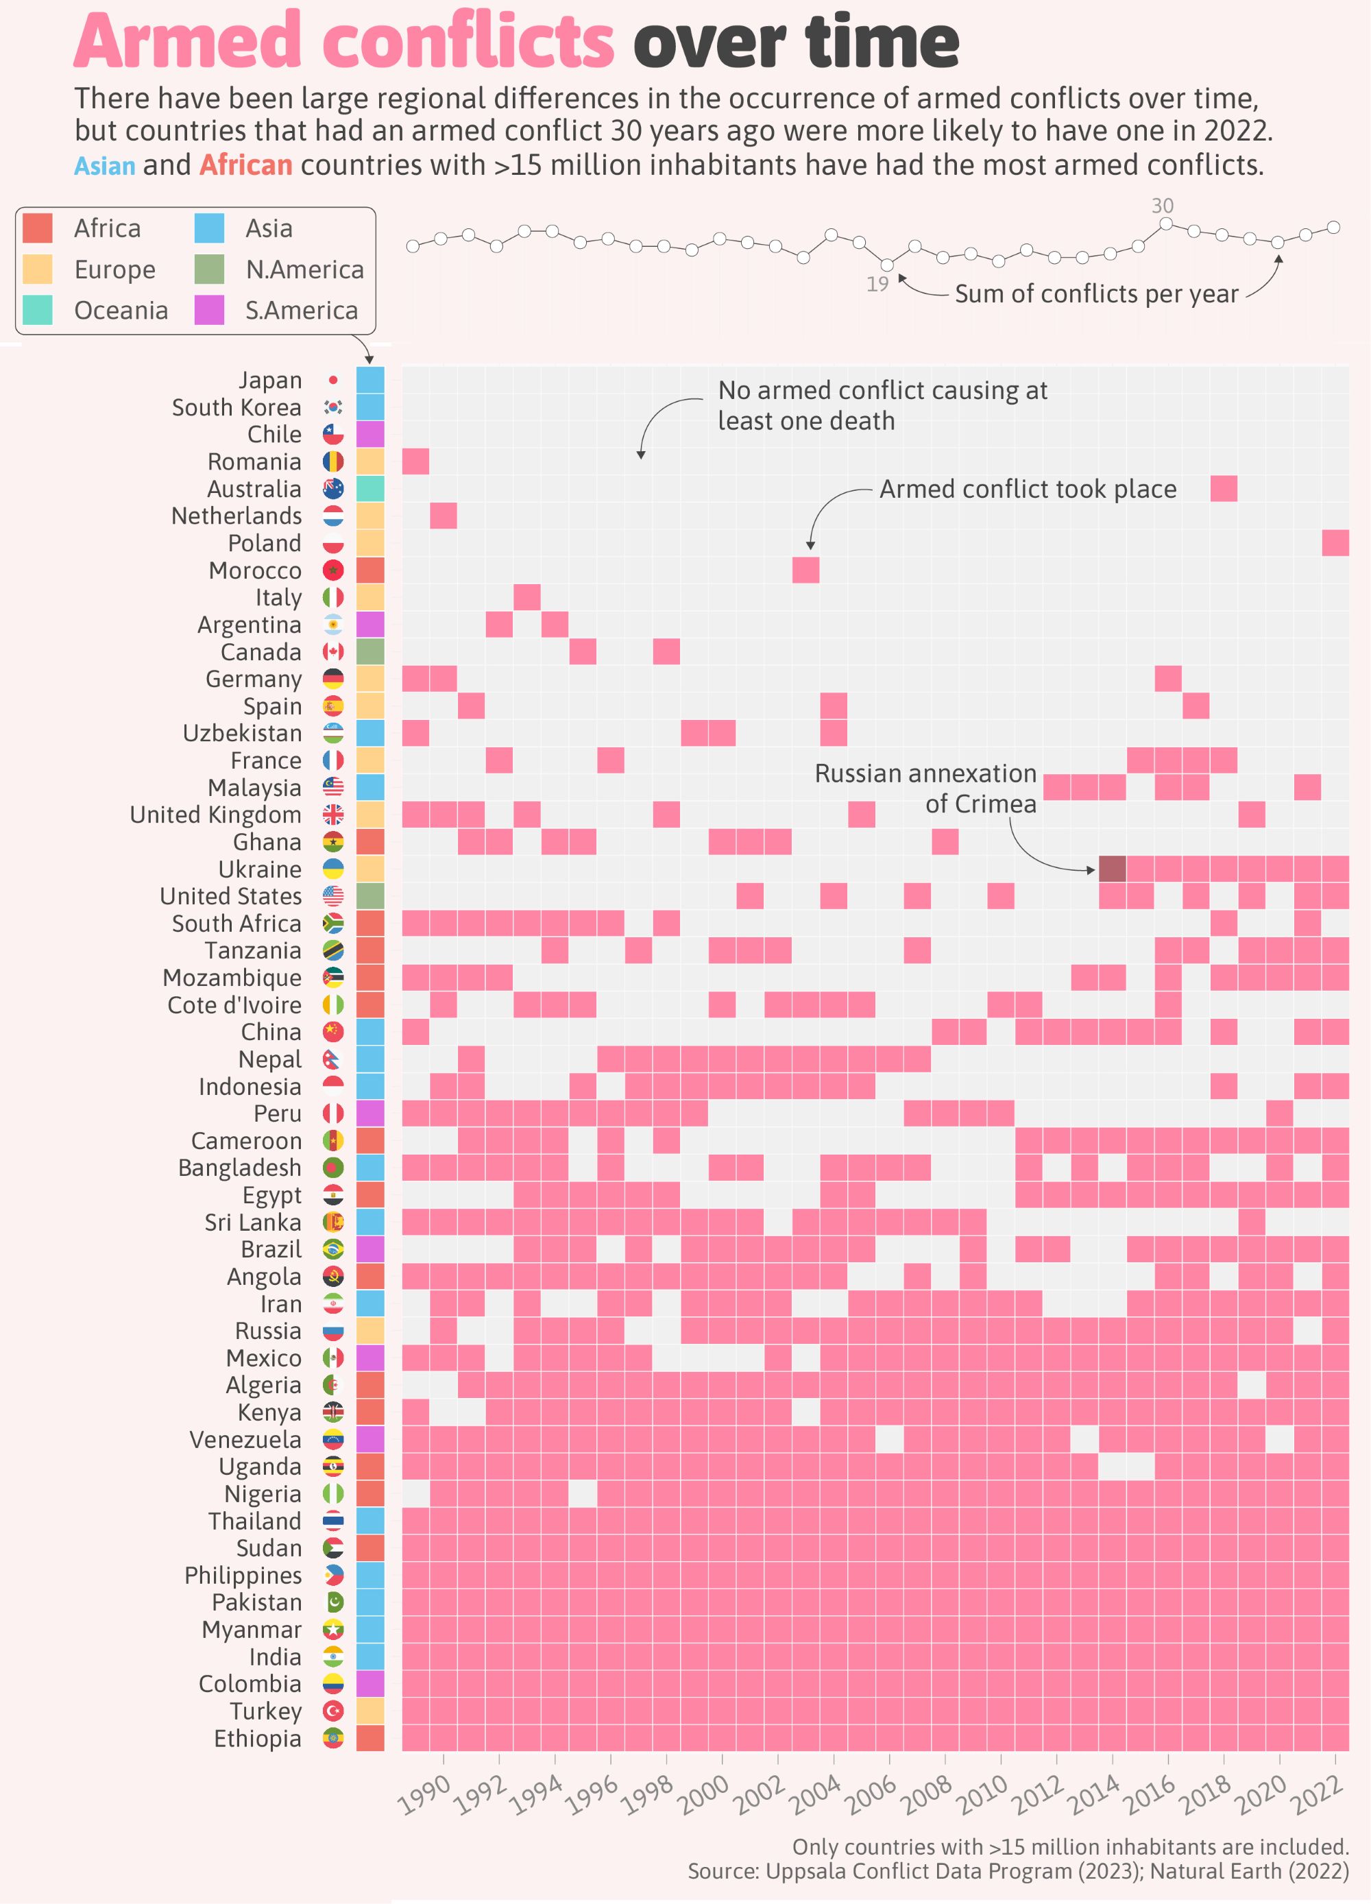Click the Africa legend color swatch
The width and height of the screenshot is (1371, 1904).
[x=38, y=228]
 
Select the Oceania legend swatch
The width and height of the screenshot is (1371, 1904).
[x=38, y=310]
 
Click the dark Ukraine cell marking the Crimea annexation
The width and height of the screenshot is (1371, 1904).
[x=1112, y=869]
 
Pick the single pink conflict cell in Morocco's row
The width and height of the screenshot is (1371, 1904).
[x=805, y=570]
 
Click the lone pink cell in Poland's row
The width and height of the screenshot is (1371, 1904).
[x=1335, y=543]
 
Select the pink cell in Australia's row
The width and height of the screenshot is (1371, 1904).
[x=1223, y=489]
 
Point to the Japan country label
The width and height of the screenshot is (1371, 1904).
[x=269, y=381]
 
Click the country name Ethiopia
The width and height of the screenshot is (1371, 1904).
[x=257, y=1738]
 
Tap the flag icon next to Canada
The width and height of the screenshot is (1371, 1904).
[x=333, y=651]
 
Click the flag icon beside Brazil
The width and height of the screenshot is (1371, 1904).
[x=333, y=1249]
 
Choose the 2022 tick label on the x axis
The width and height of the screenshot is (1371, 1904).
[x=1315, y=1796]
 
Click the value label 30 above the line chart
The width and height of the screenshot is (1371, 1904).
[x=1162, y=206]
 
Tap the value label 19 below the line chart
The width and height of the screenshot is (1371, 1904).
[x=877, y=285]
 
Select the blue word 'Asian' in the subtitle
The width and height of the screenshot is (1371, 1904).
[x=105, y=165]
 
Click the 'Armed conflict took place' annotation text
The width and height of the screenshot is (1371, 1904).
[x=1028, y=490]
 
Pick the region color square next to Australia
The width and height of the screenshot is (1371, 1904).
[x=370, y=489]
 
